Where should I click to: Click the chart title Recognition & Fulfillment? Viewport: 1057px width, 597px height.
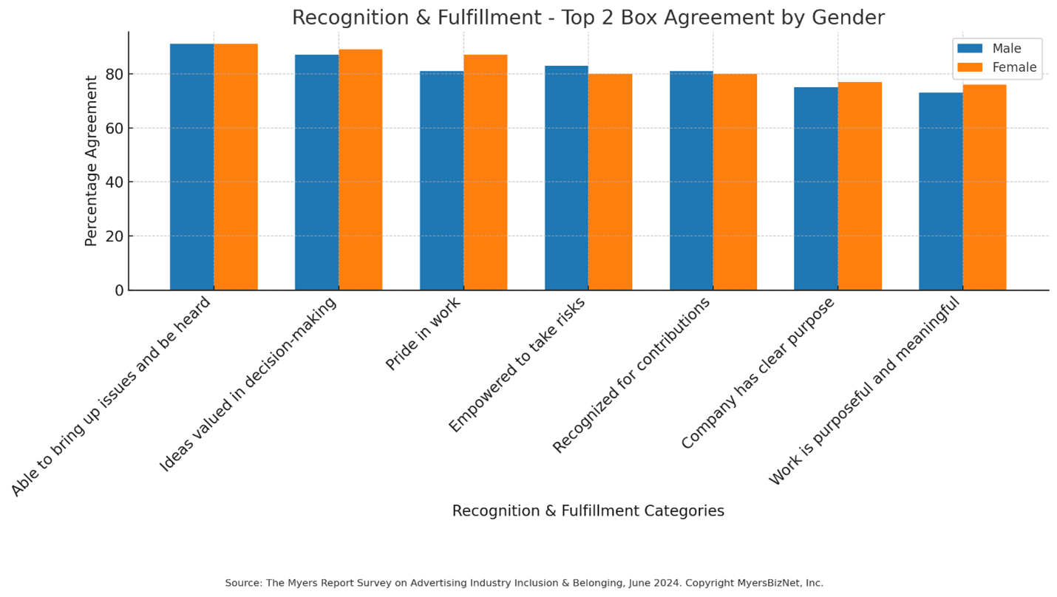(x=588, y=18)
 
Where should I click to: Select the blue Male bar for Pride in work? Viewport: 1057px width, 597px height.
(x=441, y=180)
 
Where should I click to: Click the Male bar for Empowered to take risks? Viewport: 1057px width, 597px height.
(x=566, y=177)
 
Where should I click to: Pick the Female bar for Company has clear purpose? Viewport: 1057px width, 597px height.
(x=860, y=185)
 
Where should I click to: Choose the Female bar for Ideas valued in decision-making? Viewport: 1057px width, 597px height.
(x=361, y=169)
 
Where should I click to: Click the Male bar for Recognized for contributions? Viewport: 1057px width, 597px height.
(x=691, y=180)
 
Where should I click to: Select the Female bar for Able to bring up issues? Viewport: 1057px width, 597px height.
(x=236, y=166)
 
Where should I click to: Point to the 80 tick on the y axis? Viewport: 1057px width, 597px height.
(x=114, y=74)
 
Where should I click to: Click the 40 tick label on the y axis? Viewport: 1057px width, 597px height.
(x=114, y=182)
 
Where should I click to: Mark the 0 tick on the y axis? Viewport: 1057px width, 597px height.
(x=119, y=290)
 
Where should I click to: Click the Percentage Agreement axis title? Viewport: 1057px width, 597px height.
(x=92, y=160)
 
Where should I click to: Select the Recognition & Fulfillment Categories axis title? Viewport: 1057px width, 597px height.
(x=588, y=511)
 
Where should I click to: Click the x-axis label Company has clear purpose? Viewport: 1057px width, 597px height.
(x=758, y=373)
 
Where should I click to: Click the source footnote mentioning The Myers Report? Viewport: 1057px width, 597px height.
(x=524, y=583)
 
